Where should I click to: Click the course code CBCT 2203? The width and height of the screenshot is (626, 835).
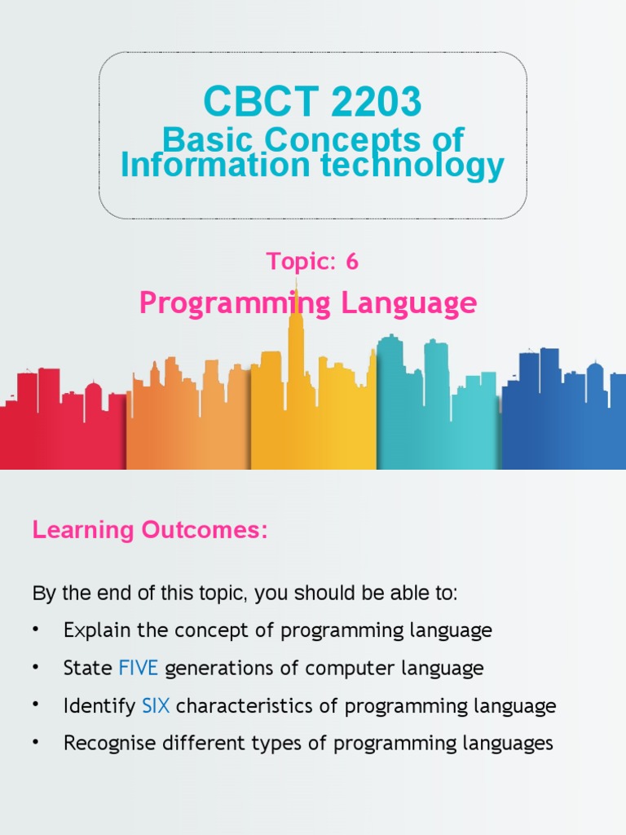point(312,102)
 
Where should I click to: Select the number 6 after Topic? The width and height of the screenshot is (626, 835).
point(351,262)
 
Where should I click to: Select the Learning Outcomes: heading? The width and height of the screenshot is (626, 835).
point(150,530)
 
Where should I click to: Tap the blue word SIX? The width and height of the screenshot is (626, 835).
point(156,706)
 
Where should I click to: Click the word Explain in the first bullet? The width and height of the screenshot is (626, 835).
point(93,631)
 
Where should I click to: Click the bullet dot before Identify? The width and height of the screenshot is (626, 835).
point(36,706)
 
